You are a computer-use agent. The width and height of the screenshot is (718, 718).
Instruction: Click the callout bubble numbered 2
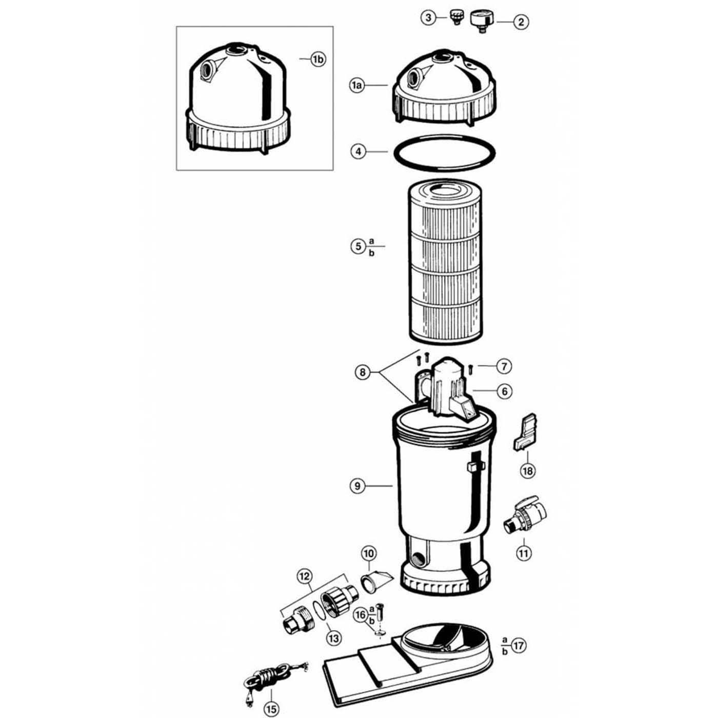[x=521, y=22]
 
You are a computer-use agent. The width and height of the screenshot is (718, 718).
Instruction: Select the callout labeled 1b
[x=318, y=59]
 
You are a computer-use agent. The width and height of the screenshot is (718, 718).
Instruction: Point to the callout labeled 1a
[x=357, y=86]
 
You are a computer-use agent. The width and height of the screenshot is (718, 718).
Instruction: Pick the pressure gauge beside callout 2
[x=482, y=21]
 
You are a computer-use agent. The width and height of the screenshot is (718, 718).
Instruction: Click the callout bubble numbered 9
[x=357, y=485]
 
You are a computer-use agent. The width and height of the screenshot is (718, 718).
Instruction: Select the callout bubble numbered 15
[x=271, y=709]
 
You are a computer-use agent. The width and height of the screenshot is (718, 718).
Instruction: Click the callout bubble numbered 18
[x=528, y=470]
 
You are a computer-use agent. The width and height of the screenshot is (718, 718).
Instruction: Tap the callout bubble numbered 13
[x=334, y=638]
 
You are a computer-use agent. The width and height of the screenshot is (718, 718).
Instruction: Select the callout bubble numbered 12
[x=305, y=576]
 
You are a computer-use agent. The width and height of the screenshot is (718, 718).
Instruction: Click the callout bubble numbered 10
[x=369, y=553]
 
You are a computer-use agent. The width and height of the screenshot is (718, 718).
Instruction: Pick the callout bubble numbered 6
[x=505, y=391]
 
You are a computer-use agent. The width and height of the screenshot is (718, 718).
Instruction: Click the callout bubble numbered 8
[x=363, y=372]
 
